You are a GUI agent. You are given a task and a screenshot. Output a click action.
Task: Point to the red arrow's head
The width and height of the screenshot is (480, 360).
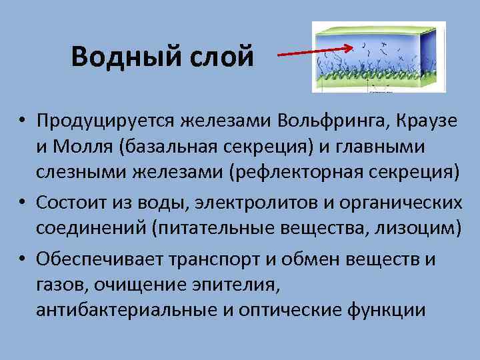click(350, 48)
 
